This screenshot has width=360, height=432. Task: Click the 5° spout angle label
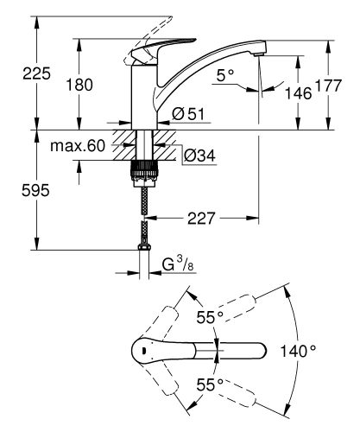click(226, 76)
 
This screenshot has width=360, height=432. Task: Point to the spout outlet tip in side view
click(257, 55)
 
